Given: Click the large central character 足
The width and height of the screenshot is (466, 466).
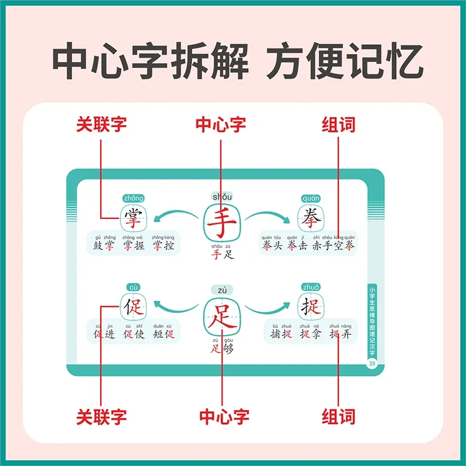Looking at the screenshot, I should coord(222,316).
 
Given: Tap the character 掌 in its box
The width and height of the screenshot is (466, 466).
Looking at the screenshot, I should coord(134,219).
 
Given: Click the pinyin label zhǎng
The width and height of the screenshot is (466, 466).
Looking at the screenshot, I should coord(133,198).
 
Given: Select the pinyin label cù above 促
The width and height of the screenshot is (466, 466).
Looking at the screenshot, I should coord(133,286).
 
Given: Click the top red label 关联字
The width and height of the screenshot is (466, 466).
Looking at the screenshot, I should coord(101,124).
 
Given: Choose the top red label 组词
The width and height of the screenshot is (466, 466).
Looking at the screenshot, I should coord(338,124).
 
